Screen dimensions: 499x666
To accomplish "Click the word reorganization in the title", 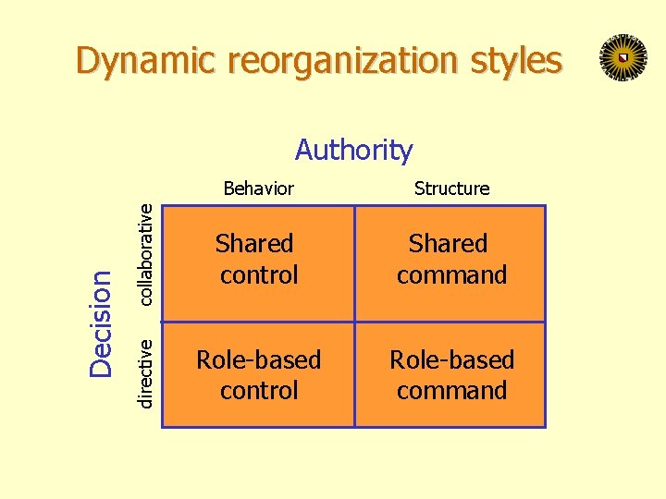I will [x=341, y=61].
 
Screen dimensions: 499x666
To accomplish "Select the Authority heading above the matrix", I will [x=353, y=150].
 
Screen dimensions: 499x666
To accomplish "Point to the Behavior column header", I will [x=259, y=189].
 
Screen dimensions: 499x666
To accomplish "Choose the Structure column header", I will [x=451, y=189].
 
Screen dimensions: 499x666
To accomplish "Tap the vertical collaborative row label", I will [x=145, y=254].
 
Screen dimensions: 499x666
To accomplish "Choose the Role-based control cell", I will [x=258, y=374].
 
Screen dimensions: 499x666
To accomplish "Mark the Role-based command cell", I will [x=450, y=374].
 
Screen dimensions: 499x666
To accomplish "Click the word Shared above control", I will [x=254, y=244].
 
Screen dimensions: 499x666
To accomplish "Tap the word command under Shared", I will [x=451, y=275].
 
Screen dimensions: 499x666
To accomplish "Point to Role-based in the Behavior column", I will [x=258, y=359].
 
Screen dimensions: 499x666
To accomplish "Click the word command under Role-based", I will [x=451, y=390].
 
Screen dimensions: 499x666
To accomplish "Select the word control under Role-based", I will [x=259, y=390].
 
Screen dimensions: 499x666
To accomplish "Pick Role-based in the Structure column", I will [x=451, y=359].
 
